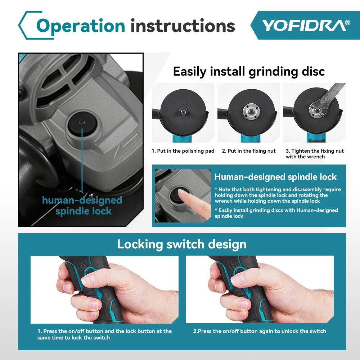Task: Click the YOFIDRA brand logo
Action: [x=305, y=25]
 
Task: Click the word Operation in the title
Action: [x=81, y=26]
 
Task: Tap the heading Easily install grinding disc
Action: [x=249, y=71]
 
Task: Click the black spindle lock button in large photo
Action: [x=82, y=123]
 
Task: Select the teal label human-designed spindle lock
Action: [x=82, y=206]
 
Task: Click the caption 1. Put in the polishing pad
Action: [x=183, y=151]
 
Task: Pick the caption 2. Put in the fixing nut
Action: [x=249, y=151]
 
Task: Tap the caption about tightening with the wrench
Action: [x=314, y=154]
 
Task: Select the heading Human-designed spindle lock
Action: [x=275, y=177]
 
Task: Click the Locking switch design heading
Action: [x=182, y=244]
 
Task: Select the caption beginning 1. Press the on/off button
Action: [x=104, y=334]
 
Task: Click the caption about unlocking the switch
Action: [x=260, y=331]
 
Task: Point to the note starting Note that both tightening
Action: [x=278, y=195]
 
